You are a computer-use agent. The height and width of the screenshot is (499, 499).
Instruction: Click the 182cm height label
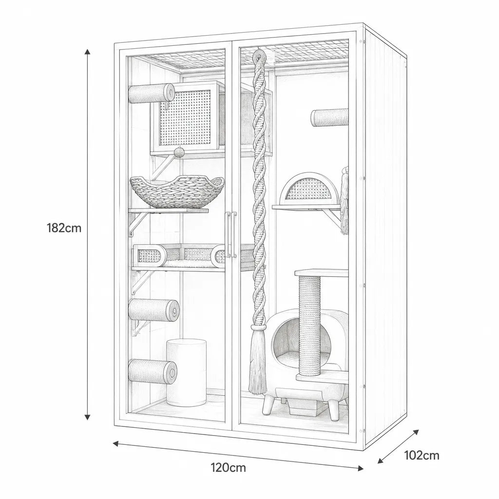64,228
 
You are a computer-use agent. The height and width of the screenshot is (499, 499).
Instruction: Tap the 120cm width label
228,467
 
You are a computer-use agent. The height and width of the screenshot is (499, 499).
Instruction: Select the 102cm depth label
422,455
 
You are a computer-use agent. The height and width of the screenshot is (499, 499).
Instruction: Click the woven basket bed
177,192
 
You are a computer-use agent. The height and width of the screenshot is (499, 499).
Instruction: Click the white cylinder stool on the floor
186,372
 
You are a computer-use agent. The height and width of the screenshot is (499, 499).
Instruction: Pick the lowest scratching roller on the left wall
153,370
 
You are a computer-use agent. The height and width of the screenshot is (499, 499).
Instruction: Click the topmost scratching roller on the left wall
152,93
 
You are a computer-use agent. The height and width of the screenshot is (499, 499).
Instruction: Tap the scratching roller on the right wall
330,118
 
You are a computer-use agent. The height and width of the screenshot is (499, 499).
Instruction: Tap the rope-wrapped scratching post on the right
309,325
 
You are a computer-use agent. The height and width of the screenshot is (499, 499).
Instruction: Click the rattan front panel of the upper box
185,118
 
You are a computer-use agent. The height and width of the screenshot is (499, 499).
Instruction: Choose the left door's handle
229,235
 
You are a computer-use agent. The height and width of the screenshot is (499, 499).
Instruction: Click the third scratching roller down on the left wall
154,309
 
